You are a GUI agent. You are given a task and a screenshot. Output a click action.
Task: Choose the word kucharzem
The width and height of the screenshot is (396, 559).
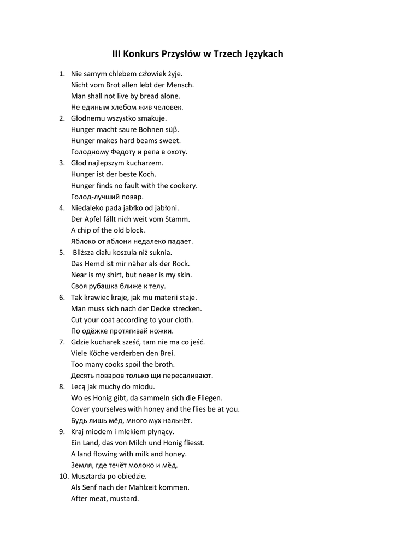pyautogui.click(x=145, y=163)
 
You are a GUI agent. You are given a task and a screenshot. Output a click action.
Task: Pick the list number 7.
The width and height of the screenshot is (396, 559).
pyautogui.click(x=62, y=342)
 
